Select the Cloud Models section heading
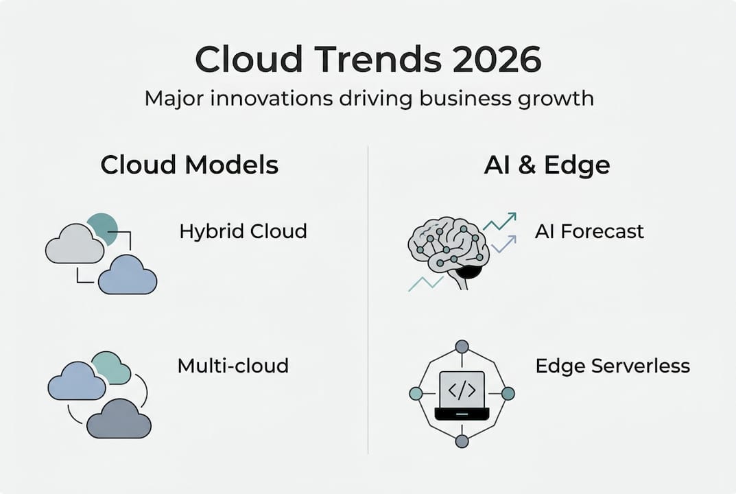point(189,165)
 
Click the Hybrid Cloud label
point(243,231)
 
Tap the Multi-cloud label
point(233,366)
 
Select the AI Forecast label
point(589,231)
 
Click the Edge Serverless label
point(613,366)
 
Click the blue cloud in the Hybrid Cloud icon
point(128,277)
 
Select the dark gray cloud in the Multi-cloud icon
point(119,421)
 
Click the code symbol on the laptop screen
point(462,390)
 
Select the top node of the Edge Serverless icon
point(462,346)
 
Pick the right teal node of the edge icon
point(508,393)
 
